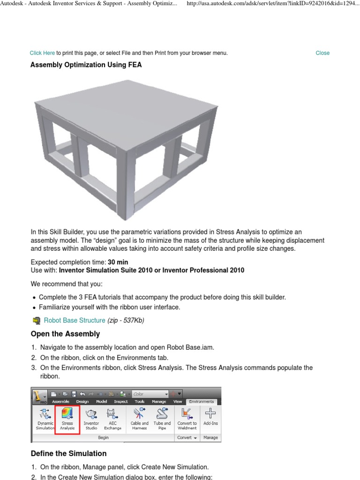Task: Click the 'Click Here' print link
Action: point(42,53)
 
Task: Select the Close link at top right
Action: point(322,53)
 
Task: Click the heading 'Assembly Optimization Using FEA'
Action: point(86,65)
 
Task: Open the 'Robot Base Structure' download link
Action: point(75,320)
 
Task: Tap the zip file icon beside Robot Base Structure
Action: point(36,321)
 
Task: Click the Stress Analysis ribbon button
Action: point(67,419)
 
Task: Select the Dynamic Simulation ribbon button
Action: point(45,419)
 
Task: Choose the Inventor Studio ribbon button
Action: point(91,419)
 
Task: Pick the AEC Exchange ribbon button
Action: point(112,419)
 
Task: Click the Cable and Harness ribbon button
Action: point(139,419)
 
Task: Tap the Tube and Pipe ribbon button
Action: point(162,419)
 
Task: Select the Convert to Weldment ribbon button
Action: point(187,419)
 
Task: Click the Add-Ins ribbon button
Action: point(210,419)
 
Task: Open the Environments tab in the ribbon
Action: point(201,402)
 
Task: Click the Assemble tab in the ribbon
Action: point(60,402)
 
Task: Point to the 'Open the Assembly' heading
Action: point(65,334)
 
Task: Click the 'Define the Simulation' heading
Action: point(68,453)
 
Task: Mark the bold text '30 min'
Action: point(118,262)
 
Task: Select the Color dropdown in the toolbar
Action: point(150,394)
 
